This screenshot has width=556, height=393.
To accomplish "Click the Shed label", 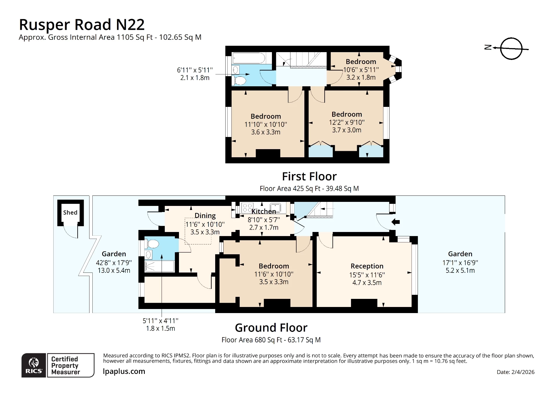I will pyautogui.click(x=70, y=213).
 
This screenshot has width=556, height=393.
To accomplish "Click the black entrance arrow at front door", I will pyautogui.click(x=395, y=222).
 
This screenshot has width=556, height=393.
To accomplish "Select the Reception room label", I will pyautogui.click(x=367, y=266).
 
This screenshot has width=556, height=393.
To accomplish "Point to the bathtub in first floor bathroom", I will pyautogui.click(x=248, y=58).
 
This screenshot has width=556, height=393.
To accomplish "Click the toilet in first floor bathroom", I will pyautogui.click(x=239, y=80).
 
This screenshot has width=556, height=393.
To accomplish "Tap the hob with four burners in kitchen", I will pyautogui.click(x=247, y=208).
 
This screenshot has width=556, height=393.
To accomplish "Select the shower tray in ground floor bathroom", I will pyautogui.click(x=159, y=266).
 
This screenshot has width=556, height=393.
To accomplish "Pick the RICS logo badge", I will pyautogui.click(x=34, y=365).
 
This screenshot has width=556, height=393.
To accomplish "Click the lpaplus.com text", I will pyautogui.click(x=124, y=371).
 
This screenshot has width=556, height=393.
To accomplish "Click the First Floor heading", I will pyautogui.click(x=309, y=176).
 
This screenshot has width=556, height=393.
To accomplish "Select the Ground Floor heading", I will pyautogui.click(x=271, y=328).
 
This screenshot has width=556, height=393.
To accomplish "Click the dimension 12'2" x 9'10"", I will pyautogui.click(x=347, y=123).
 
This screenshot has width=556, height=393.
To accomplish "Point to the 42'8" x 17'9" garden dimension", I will pyautogui.click(x=114, y=263).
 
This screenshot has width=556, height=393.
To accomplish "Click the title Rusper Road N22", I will pyautogui.click(x=82, y=25).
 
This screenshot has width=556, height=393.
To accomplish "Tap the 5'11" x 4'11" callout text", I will pyautogui.click(x=160, y=321).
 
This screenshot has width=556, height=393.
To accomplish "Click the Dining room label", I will pyautogui.click(x=205, y=215).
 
